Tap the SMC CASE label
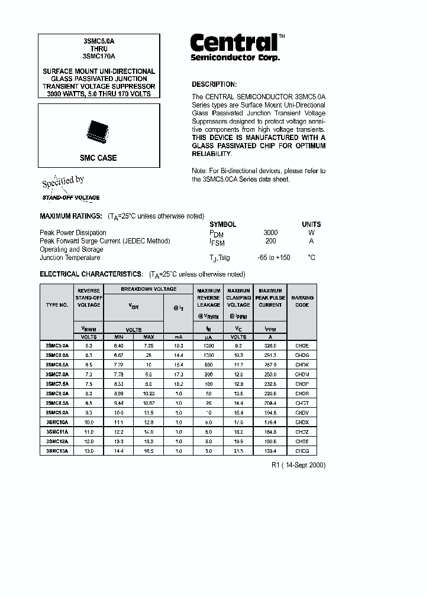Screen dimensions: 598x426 pyautogui.click(x=98, y=158)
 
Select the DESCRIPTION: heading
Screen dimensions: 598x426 pyautogui.click(x=214, y=84)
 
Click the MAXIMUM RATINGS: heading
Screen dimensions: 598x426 pyautogui.click(x=71, y=216)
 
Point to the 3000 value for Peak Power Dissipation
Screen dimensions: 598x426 pyautogui.click(x=270, y=233)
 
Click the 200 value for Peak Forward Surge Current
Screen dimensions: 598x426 pyautogui.click(x=270, y=241)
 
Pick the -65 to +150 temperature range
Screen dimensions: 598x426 pyautogui.click(x=274, y=258)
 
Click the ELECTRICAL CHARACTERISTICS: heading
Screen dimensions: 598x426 pyautogui.click(x=91, y=274)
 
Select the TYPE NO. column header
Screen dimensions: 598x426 pyautogui.click(x=57, y=305)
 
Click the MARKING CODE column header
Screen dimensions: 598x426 pyautogui.click(x=302, y=301)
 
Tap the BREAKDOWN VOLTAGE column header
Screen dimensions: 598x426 pyautogui.click(x=149, y=289)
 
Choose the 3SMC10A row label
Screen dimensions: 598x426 pyautogui.click(x=57, y=422)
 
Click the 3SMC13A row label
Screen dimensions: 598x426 pyautogui.click(x=57, y=451)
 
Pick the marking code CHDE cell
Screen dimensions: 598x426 pyautogui.click(x=302, y=344)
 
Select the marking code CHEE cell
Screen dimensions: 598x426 pyautogui.click(x=302, y=441)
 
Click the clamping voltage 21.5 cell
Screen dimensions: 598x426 pyautogui.click(x=238, y=451)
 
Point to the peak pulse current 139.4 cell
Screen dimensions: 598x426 pyautogui.click(x=270, y=451)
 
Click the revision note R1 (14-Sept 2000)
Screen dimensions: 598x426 pyautogui.click(x=298, y=465)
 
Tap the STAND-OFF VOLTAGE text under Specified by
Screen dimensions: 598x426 pyautogui.click(x=71, y=198)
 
